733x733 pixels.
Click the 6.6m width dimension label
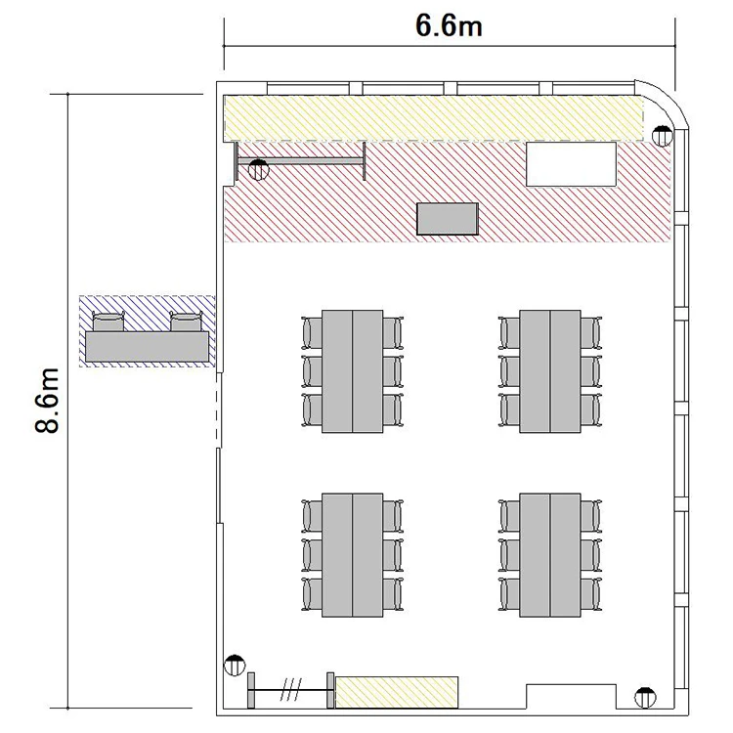click(449, 25)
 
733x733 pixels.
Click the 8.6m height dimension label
click(47, 401)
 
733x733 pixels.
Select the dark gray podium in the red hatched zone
click(448, 219)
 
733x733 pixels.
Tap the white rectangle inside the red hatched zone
click(572, 164)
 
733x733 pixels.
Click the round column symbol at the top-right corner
click(662, 136)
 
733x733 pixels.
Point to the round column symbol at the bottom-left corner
click(235, 665)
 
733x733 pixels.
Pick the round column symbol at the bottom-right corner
click(645, 698)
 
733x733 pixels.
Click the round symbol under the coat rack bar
click(259, 170)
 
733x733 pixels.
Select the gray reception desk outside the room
click(147, 346)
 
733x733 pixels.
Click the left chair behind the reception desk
click(108, 322)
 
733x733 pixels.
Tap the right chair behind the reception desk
click(186, 322)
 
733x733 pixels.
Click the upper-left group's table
click(353, 371)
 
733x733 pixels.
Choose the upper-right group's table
click(550, 371)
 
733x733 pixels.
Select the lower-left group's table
click(353, 555)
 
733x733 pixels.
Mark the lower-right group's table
click(550, 555)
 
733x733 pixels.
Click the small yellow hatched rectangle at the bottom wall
click(397, 692)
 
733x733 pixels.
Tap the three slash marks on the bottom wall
click(291, 690)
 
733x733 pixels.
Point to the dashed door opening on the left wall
click(219, 410)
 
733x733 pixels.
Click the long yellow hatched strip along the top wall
click(433, 118)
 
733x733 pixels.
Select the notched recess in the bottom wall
click(572, 697)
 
